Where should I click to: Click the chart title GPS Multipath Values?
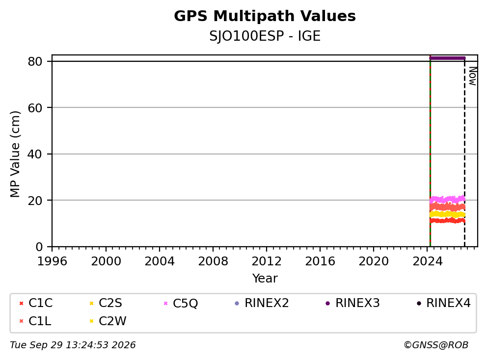pos(265,16)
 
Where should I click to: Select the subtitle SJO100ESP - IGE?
pos(265,36)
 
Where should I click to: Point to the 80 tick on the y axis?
pos(35,61)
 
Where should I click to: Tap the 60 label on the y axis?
pos(35,108)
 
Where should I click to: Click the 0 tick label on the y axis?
pos(39,247)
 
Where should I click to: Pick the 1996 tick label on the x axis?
pos(52,261)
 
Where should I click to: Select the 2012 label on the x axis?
pos(266,261)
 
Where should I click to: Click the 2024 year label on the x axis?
pos(427,261)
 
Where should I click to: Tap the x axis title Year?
pos(265,279)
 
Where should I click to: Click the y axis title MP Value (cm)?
pos(15,154)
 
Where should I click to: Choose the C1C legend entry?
pos(36,303)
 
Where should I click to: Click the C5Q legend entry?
pos(181,303)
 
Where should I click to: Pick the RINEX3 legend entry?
pos(352,303)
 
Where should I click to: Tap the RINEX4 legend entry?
pos(443,303)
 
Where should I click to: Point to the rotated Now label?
pos(473,76)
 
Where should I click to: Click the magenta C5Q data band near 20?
pos(447,199)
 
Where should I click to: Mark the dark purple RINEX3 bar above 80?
pos(447,58)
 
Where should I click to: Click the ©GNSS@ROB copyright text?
pos(436,345)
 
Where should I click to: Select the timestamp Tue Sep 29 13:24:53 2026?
pos(73,345)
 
